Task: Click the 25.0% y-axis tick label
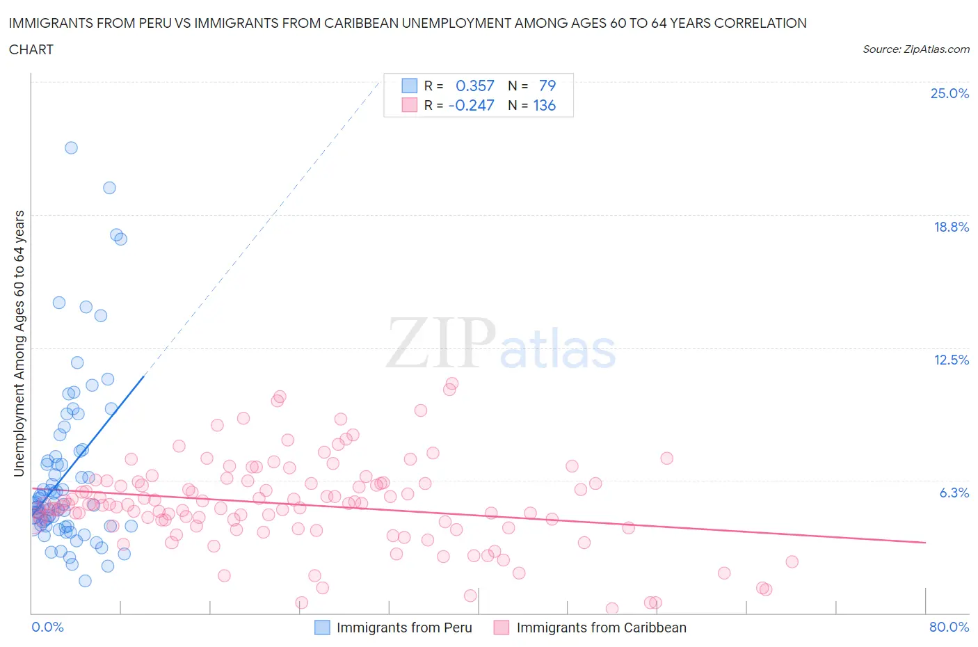pos(949,93)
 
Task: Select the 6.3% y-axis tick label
pos(954,493)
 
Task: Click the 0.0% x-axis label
pos(47,627)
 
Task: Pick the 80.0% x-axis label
pos(949,627)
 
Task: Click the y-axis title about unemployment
pos(19,344)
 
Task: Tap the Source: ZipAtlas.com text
pos(915,49)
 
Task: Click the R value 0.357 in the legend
pos(474,86)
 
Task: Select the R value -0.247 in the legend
pos(471,105)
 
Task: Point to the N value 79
pos(547,86)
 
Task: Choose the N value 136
pos(544,105)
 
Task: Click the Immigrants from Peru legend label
pos(404,628)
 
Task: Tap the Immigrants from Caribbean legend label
pos(601,628)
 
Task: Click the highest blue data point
pos(71,147)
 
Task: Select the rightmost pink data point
pos(792,561)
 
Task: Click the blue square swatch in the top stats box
pos(409,86)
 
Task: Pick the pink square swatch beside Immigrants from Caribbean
pos(501,628)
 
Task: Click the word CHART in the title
pos(31,49)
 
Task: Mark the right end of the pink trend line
pos(925,542)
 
